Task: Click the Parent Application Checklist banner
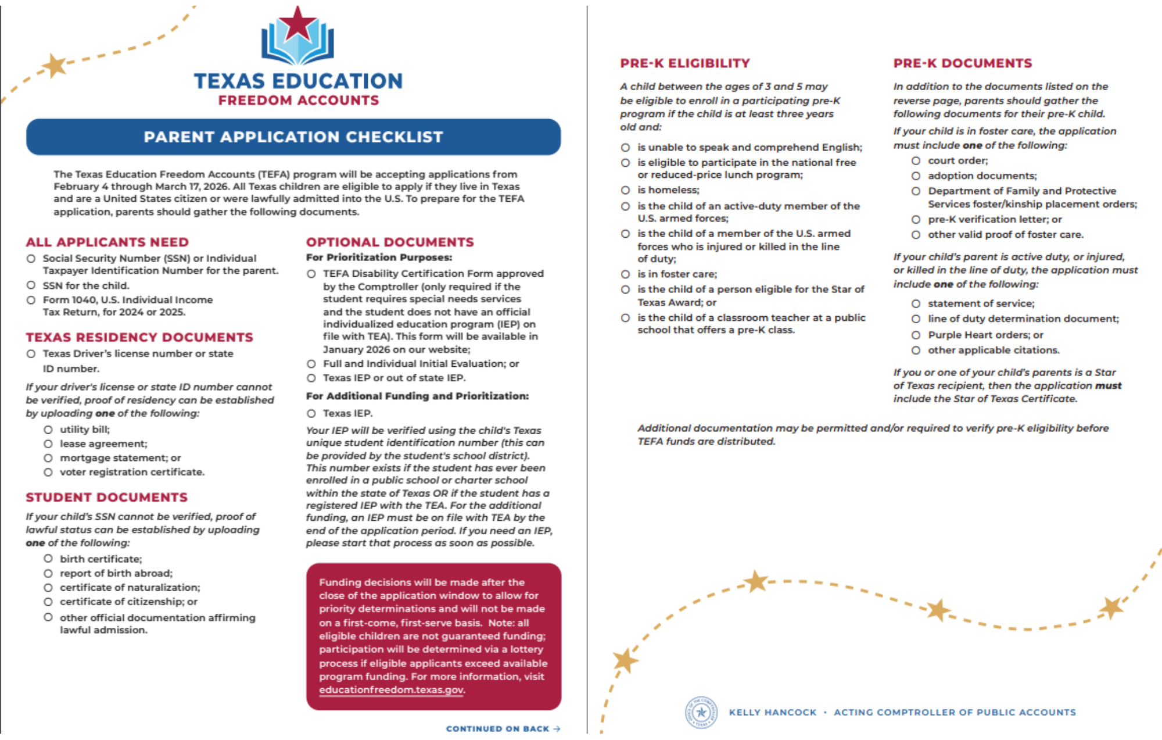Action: click(293, 137)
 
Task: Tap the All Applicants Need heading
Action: click(107, 242)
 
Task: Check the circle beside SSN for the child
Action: click(31, 285)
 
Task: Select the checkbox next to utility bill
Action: click(48, 430)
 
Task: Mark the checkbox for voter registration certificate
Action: click(48, 472)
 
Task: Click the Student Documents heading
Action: click(107, 498)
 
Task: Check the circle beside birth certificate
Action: click(48, 559)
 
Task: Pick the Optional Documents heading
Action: click(390, 242)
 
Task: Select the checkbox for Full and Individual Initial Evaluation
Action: click(311, 364)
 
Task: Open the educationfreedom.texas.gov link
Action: click(391, 690)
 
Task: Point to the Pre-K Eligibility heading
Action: click(685, 63)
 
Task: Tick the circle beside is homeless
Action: click(626, 190)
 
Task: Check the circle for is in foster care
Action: click(626, 274)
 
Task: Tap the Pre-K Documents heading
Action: click(963, 63)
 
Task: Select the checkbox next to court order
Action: click(916, 160)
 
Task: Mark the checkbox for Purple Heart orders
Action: click(916, 335)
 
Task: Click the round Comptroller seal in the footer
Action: click(701, 712)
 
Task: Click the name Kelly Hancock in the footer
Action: click(773, 713)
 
